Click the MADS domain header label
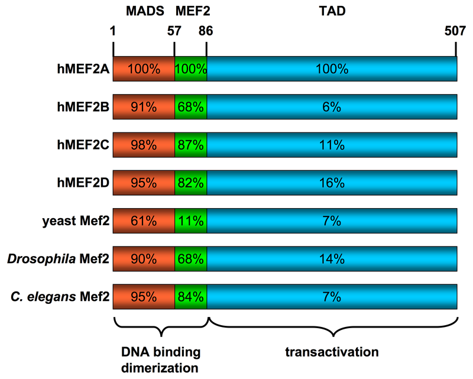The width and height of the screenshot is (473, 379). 142,11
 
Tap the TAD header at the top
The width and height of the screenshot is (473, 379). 332,11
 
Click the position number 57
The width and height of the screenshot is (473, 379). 174,33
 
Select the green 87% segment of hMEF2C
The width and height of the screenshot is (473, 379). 190,145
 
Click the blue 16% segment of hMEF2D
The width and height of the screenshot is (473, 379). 332,183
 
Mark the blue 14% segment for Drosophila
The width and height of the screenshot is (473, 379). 332,260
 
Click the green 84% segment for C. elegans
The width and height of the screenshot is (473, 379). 190,298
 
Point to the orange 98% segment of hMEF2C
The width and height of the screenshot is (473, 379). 144,145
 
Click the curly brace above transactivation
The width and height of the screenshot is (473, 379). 332,328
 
